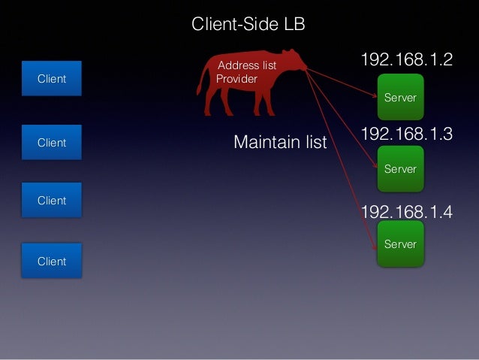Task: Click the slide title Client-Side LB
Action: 248,25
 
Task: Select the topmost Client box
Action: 52,79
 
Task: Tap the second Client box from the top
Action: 52,143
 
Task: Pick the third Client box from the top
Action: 52,201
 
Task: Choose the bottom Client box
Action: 52,262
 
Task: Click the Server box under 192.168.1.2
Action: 400,98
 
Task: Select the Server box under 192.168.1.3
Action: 400,169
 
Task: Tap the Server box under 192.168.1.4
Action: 400,244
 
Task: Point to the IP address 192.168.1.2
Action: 407,60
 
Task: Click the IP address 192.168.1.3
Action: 407,135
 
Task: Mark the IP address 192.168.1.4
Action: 407,212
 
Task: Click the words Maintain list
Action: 280,142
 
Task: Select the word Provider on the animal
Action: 236,79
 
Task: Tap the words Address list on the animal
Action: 247,65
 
